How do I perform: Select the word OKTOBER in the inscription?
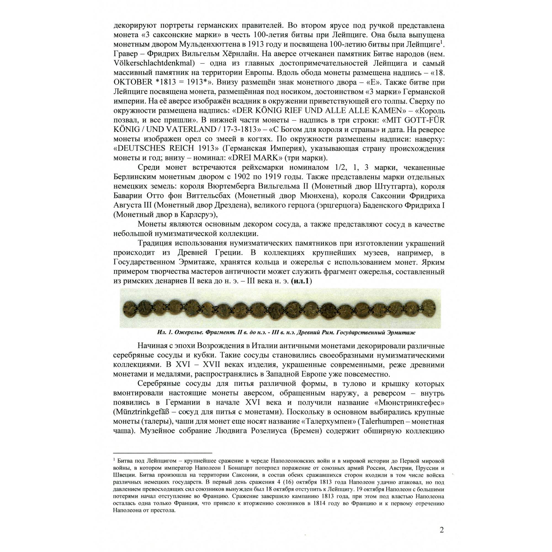[x=133, y=82]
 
